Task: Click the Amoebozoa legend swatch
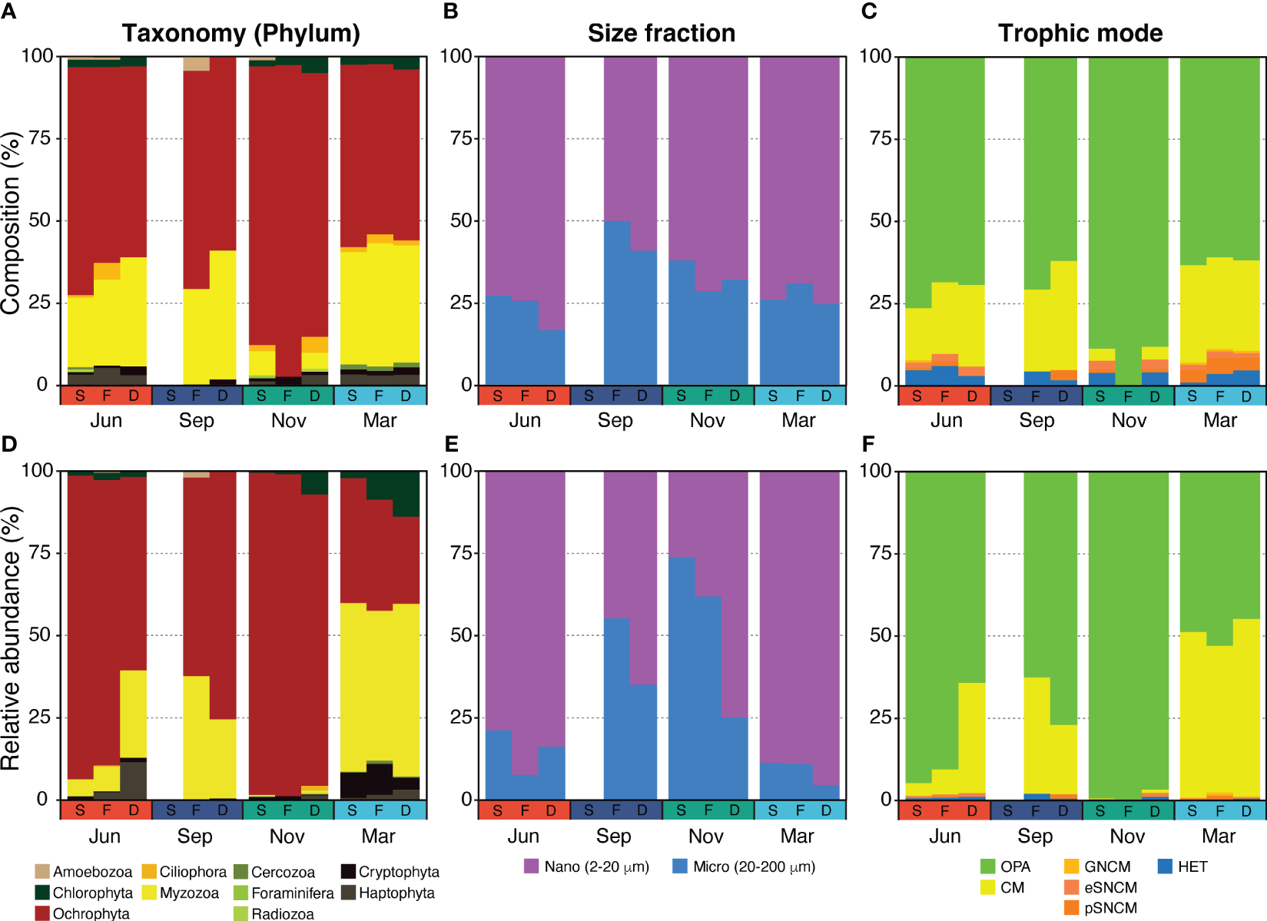pos(42,871)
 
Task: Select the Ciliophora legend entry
pos(192,872)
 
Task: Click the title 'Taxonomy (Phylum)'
pos(240,33)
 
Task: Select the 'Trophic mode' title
pos(1080,33)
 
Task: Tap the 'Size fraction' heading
pos(661,33)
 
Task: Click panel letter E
pos(451,444)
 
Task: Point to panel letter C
pos(869,12)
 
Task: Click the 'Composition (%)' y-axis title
pos(11,223)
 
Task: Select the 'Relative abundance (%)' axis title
pos(11,638)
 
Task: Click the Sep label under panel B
pos(615,420)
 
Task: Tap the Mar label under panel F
pos(1219,836)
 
